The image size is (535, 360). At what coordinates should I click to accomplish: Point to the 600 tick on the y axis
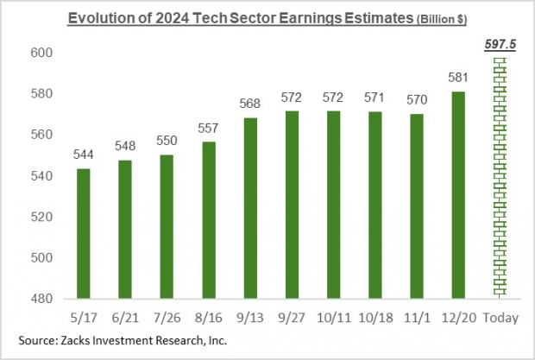[42, 53]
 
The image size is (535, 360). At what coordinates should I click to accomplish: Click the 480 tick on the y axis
[42, 299]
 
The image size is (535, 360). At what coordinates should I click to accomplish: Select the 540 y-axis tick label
[42, 176]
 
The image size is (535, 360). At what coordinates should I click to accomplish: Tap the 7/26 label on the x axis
[167, 318]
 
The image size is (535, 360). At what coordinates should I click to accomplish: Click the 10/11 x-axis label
[318, 318]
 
